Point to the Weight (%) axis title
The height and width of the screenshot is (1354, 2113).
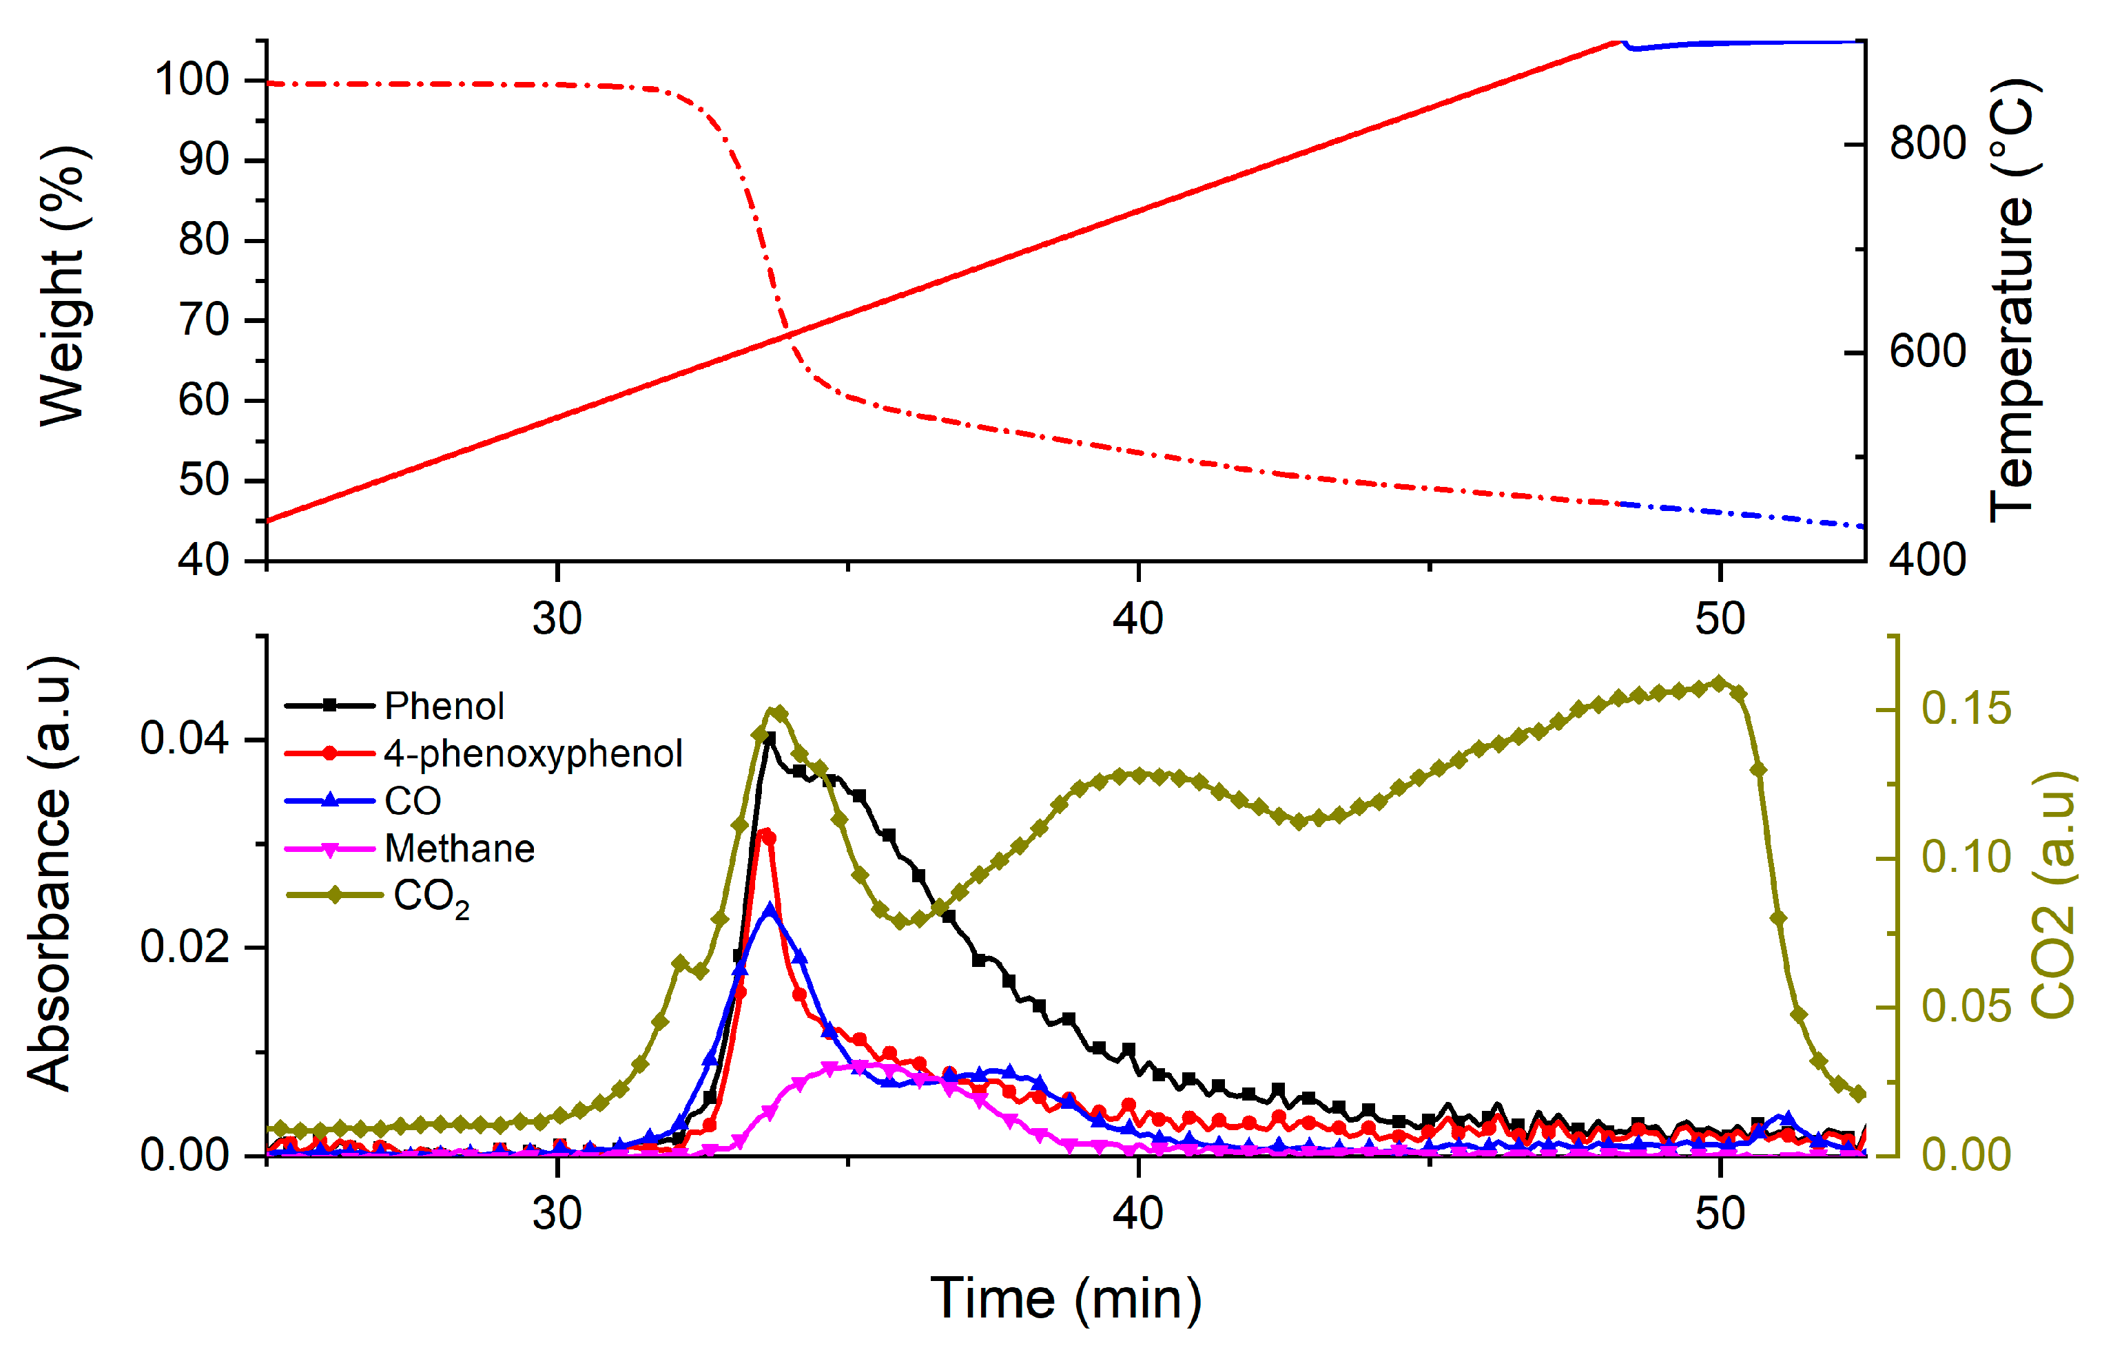tap(63, 287)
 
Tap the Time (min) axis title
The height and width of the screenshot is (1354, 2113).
tap(1066, 1299)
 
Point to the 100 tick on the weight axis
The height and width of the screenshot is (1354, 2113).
tap(192, 80)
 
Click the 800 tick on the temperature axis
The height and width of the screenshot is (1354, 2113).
tap(1928, 143)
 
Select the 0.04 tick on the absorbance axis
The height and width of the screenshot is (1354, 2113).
tap(184, 738)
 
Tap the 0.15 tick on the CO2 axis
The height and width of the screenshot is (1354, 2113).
tap(1966, 709)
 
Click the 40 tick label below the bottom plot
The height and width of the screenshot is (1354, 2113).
tap(1138, 1214)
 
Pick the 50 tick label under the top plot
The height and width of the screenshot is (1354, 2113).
tap(1720, 619)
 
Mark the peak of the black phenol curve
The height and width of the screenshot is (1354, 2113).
tap(770, 738)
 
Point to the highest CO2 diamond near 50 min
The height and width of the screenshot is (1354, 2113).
tap(1720, 683)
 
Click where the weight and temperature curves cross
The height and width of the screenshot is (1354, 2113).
tap(785, 334)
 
